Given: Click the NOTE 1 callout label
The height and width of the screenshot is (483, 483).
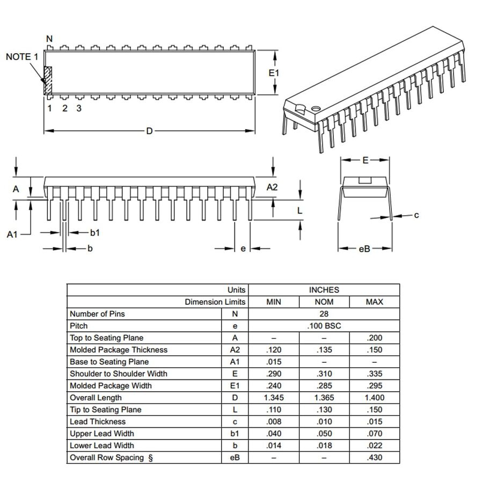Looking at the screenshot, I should [x=22, y=57].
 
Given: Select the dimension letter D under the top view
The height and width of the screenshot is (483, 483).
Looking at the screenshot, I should [x=149, y=131].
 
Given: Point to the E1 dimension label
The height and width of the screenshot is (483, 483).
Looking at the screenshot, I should [x=274, y=72].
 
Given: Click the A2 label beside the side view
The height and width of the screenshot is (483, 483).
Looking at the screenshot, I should [x=273, y=187].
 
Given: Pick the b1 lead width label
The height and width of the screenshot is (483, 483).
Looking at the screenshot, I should [x=95, y=232].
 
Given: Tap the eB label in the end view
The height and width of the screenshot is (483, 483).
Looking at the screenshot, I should [x=364, y=248].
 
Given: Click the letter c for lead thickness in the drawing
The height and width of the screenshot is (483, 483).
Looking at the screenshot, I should [x=416, y=215].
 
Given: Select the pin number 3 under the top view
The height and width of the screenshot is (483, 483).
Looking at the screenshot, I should [x=79, y=108].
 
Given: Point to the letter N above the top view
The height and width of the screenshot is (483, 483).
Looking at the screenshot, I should [x=49, y=39].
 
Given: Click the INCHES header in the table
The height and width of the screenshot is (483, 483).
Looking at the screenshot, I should [x=324, y=290].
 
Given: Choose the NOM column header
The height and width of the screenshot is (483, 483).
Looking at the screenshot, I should [x=324, y=302].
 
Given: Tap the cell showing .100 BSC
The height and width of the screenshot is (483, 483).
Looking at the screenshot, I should [x=324, y=326].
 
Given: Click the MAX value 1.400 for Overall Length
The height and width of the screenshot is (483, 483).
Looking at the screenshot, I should [x=374, y=398].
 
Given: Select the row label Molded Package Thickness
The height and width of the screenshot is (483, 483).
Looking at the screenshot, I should [x=119, y=350].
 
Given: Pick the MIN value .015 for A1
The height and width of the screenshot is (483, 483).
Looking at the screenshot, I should [x=274, y=362].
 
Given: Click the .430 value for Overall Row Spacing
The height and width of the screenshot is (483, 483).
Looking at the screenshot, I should [x=374, y=458].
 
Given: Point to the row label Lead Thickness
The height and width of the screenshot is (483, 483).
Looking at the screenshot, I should [x=98, y=422].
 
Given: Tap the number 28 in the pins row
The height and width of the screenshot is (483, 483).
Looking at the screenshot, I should [x=324, y=314].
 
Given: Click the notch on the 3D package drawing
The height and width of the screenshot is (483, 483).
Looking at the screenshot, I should [x=301, y=109].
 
